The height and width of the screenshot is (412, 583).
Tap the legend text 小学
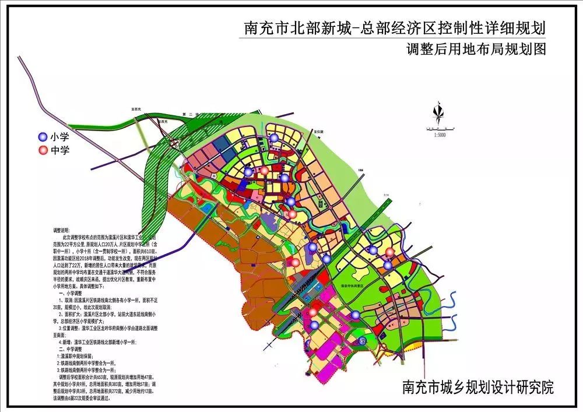(59, 138)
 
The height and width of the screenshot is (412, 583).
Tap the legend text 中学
(59, 151)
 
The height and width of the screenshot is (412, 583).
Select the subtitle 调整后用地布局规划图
(476, 49)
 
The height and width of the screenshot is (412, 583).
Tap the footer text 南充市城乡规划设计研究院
(477, 387)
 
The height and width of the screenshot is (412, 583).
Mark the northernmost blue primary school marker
(273, 138)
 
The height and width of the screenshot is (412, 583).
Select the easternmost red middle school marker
(390, 252)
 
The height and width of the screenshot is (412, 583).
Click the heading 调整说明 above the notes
(61, 231)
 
